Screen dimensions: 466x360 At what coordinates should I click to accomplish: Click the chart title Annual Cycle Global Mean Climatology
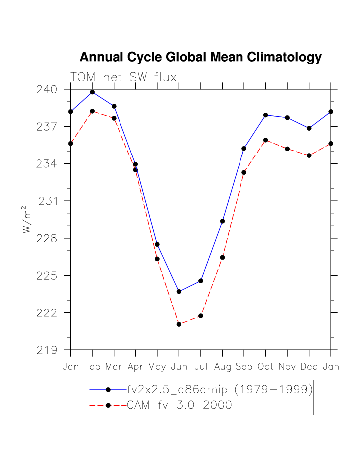coord(200,57)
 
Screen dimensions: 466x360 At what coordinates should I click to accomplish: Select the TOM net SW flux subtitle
coord(123,77)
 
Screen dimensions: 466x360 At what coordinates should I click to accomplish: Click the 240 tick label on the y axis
coord(47,89)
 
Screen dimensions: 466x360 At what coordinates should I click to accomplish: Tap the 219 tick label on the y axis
coord(47,350)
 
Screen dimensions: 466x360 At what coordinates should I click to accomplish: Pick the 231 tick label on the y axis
coord(48,201)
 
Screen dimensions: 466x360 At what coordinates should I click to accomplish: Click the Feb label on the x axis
coord(92,367)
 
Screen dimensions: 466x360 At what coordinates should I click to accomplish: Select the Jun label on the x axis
coord(179,367)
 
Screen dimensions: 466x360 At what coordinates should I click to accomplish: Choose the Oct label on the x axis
coord(265,367)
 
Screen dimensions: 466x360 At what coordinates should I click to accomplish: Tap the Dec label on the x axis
coord(309,367)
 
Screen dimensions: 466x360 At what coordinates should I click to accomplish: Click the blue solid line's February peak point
coord(92,92)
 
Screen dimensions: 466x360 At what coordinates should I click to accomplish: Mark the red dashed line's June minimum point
coord(179,324)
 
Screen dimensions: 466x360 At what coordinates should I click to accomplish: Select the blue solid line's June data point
coord(179,292)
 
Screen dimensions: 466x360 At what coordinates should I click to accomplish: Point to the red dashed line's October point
coord(265,140)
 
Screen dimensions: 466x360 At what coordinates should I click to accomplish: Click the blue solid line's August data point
coord(222,221)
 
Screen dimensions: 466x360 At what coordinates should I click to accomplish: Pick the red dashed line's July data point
coord(201,316)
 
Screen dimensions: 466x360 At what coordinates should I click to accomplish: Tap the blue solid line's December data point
coord(309,128)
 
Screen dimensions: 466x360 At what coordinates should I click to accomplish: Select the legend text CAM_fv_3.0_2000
coord(179,405)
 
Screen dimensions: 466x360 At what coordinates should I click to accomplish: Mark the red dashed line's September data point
coord(244,172)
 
